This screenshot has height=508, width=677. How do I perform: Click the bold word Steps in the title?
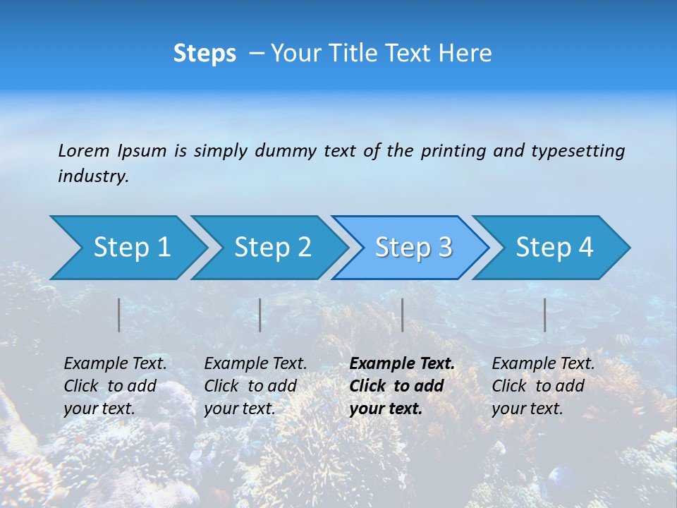205,54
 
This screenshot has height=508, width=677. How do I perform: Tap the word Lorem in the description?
84,150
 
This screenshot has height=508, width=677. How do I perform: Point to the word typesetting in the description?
578,150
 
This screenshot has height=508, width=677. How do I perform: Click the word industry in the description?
93,176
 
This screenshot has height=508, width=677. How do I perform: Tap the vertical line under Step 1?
119,315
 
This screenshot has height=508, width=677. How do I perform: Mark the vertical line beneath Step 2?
260,315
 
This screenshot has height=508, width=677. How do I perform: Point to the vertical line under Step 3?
402,315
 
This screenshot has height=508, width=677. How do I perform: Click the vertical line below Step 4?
545,315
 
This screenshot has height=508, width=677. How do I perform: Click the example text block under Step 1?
115,386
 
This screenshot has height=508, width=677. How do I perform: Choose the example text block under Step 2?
255,386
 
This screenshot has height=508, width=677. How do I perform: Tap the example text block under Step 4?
543,386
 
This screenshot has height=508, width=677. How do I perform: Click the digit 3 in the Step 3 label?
444,247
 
